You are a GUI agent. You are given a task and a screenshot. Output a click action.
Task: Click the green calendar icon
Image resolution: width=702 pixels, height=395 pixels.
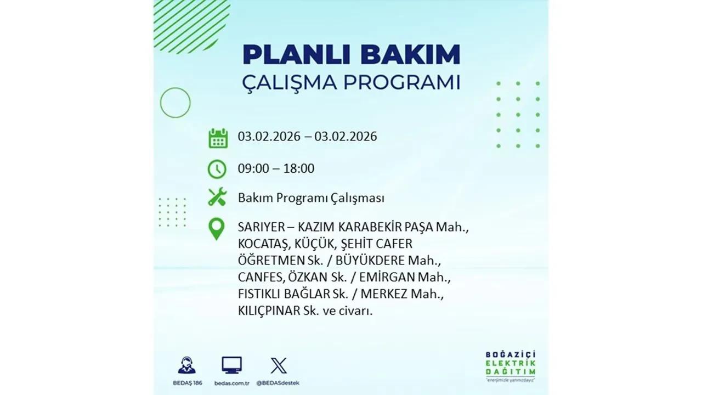pos(218,138)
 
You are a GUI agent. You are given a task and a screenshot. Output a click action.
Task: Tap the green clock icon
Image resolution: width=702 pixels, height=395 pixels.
pos(217,168)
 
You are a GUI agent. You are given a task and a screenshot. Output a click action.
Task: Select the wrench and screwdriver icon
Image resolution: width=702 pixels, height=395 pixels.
pos(217,197)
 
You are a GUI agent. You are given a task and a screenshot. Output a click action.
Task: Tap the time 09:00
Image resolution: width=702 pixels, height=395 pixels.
pos(253,168)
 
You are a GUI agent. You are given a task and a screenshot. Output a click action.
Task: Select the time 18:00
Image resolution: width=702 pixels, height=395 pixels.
pos(299,168)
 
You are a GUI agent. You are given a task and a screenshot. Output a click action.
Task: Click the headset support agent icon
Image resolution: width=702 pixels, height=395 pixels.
pos(186,365)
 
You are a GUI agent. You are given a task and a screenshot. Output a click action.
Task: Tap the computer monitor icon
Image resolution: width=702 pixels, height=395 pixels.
pos(231,365)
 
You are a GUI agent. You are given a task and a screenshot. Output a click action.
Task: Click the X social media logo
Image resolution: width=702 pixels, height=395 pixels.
pos(279,365)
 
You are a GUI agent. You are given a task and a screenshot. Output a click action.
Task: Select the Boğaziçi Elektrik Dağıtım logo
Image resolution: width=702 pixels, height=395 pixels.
pos(511,365)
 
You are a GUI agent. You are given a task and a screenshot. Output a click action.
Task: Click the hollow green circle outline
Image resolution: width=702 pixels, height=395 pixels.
pos(175,103)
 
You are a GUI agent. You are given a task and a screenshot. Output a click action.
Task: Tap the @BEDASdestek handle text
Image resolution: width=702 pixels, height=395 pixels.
pos(279,382)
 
